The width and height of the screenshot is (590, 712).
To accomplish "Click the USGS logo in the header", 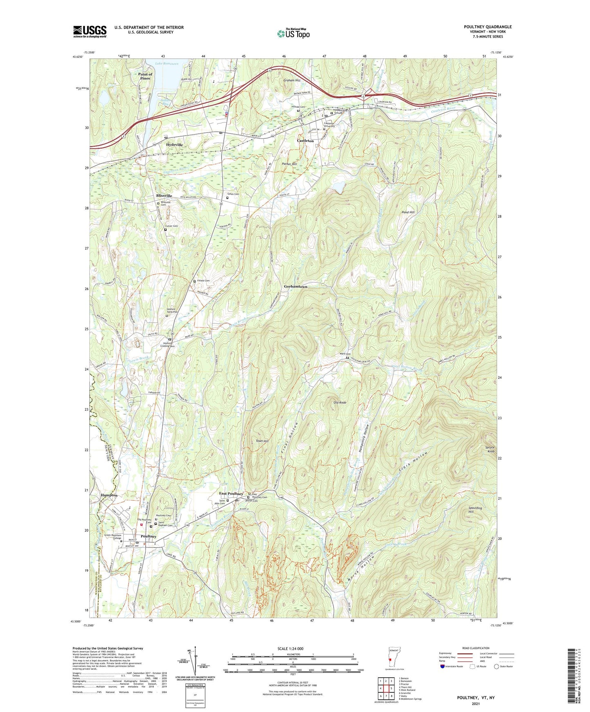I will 90,31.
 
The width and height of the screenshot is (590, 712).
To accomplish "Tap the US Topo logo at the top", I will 293,33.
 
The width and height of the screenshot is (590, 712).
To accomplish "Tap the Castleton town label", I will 305,141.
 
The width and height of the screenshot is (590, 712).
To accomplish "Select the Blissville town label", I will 164,196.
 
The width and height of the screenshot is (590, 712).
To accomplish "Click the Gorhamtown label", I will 296,287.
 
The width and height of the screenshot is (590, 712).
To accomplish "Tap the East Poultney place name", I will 231,494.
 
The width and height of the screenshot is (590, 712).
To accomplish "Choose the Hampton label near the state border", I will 109,495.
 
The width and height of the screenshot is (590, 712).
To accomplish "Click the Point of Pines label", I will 145,76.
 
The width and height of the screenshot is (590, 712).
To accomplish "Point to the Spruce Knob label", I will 490,449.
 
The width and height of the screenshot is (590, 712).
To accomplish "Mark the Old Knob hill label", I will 340,402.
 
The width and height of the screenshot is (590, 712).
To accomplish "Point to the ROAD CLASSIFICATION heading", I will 476,648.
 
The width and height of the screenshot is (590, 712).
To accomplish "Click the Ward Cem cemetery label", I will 345,354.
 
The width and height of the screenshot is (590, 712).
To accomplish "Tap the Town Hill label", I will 262,441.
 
